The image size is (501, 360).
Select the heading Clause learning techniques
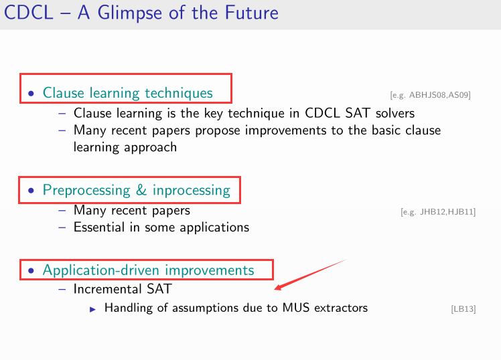(127, 93)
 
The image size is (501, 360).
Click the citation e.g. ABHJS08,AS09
(430, 95)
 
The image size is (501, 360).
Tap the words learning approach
(125, 147)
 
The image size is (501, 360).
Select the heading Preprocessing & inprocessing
(136, 190)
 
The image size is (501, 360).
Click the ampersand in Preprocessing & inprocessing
(141, 190)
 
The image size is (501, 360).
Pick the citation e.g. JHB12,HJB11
(438, 212)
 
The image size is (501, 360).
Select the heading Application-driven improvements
(148, 270)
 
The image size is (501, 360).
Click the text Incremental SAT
(122, 289)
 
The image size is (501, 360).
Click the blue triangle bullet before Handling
(93, 308)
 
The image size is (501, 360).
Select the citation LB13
(463, 309)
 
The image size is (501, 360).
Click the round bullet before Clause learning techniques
(31, 94)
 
